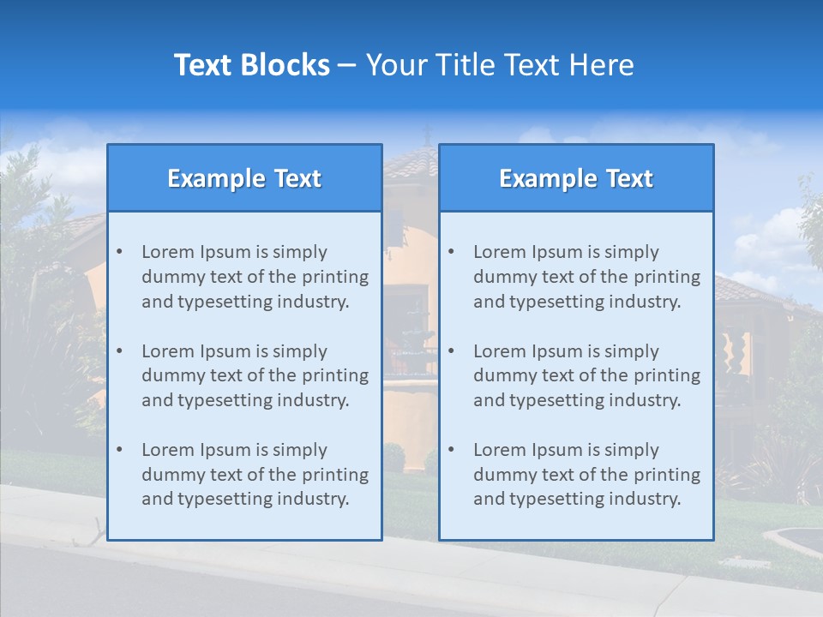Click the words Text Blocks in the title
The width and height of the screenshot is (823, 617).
pyautogui.click(x=251, y=65)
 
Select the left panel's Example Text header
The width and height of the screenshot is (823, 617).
pyautogui.click(x=244, y=178)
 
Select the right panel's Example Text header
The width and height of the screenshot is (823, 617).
pyautogui.click(x=576, y=178)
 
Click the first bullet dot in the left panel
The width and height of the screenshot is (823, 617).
pyautogui.click(x=119, y=252)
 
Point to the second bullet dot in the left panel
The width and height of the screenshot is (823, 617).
pyautogui.click(x=119, y=351)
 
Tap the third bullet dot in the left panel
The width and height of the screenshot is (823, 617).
pyautogui.click(x=119, y=450)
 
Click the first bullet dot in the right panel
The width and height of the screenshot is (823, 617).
pyautogui.click(x=451, y=252)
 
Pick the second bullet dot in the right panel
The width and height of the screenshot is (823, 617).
pyautogui.click(x=451, y=351)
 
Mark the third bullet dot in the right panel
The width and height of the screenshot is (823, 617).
pyautogui.click(x=451, y=450)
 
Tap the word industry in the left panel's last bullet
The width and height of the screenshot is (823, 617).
pyautogui.click(x=315, y=499)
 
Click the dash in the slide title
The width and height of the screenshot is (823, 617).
pyautogui.click(x=347, y=65)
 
